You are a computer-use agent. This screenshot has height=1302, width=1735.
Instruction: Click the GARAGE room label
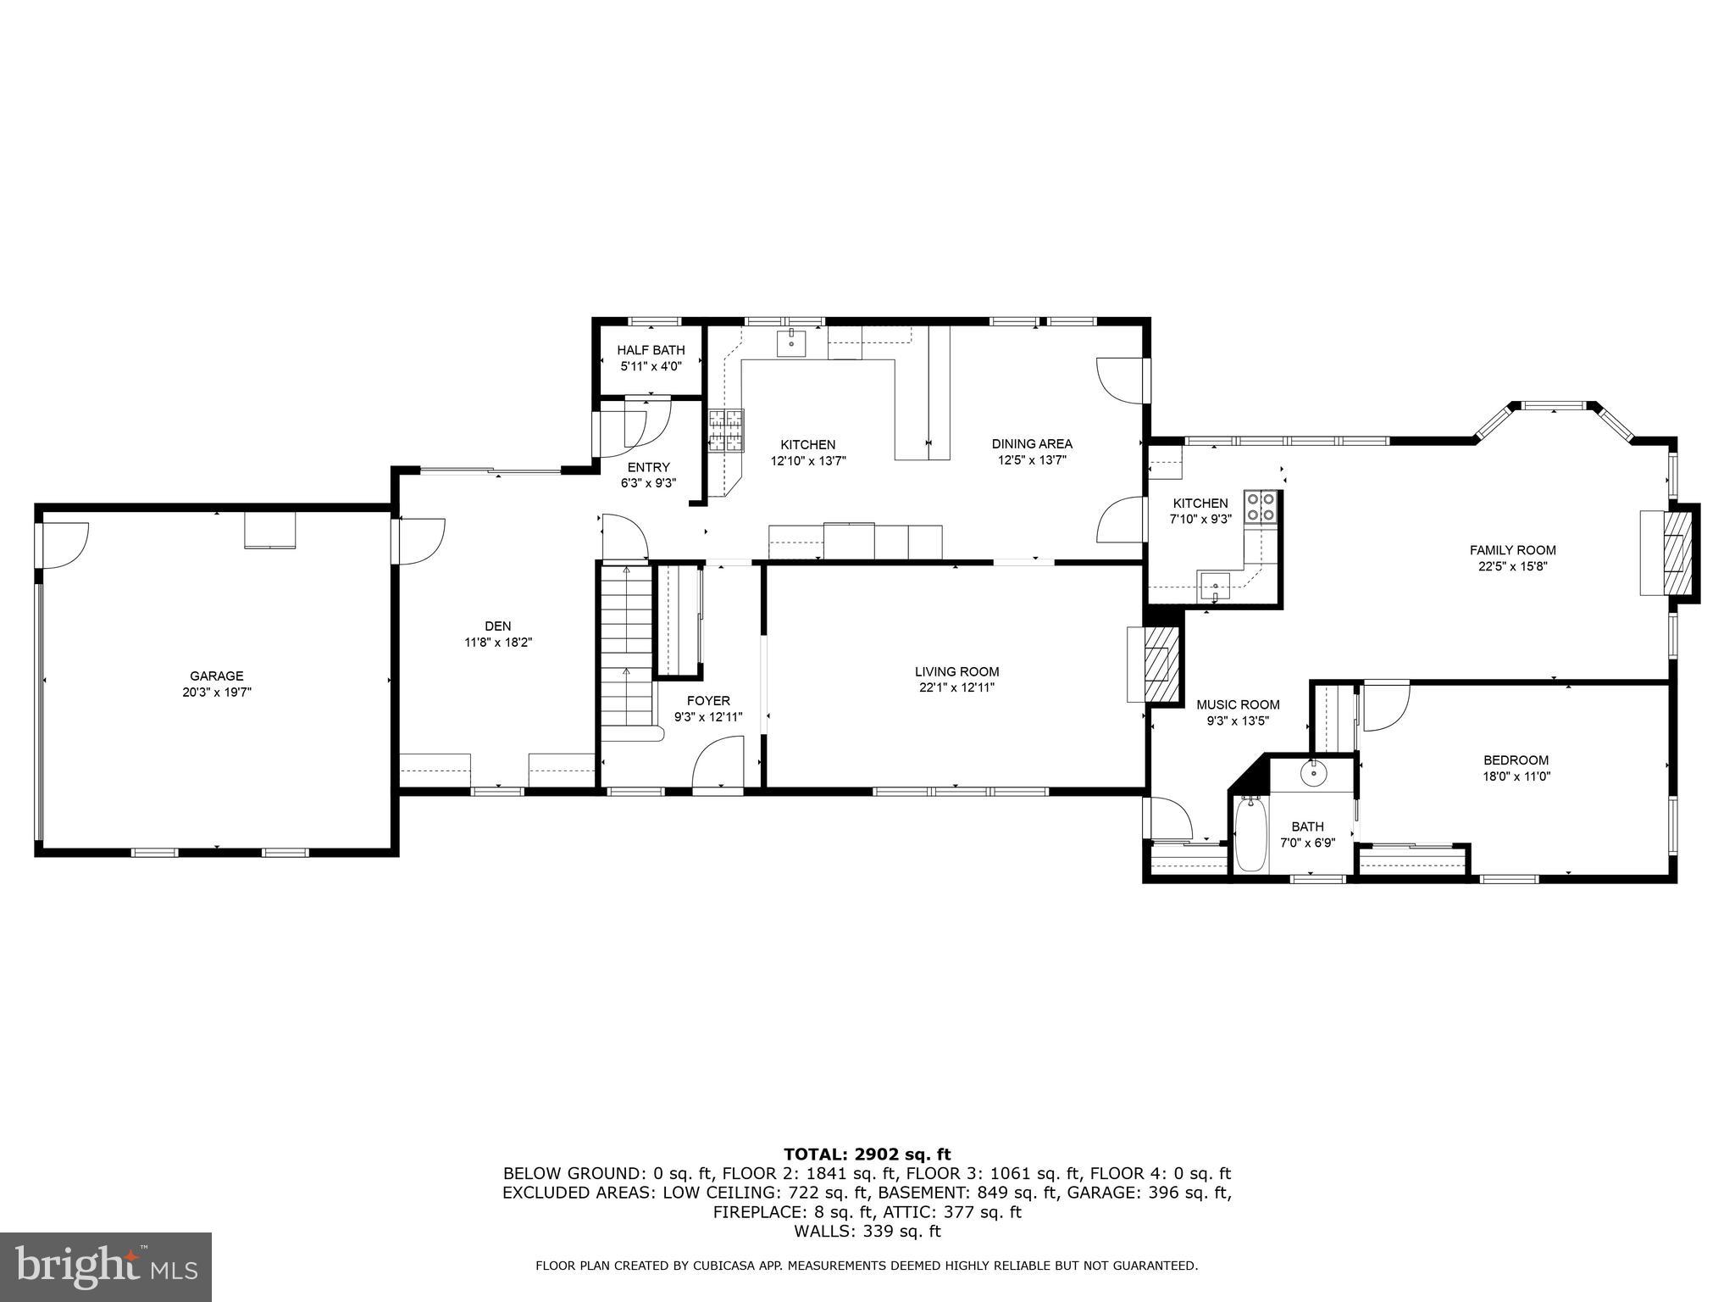tap(216, 676)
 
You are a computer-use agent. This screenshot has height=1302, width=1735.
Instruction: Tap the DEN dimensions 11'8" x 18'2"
tap(498, 643)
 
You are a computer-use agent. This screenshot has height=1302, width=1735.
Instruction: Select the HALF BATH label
tap(651, 350)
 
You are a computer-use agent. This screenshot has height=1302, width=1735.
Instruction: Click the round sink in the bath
tap(1313, 772)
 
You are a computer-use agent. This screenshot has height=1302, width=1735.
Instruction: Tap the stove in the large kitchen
tap(726, 430)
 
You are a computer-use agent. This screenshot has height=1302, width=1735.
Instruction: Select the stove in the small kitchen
tap(1260, 507)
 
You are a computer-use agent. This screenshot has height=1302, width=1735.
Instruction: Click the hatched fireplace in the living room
tap(1161, 665)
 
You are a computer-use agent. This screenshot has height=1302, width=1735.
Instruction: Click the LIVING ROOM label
tap(956, 671)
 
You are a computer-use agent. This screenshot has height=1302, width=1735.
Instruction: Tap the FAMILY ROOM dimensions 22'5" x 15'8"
tap(1512, 566)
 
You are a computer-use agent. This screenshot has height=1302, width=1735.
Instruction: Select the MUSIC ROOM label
tap(1238, 704)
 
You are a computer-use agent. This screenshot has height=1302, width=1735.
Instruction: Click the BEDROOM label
tap(1516, 760)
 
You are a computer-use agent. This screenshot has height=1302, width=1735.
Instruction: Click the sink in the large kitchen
tap(791, 343)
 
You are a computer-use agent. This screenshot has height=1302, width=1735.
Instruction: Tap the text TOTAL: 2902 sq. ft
tap(867, 1155)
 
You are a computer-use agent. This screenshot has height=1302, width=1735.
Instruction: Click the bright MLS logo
tap(106, 1266)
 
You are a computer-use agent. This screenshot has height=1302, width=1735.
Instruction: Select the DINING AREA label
tap(1032, 443)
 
